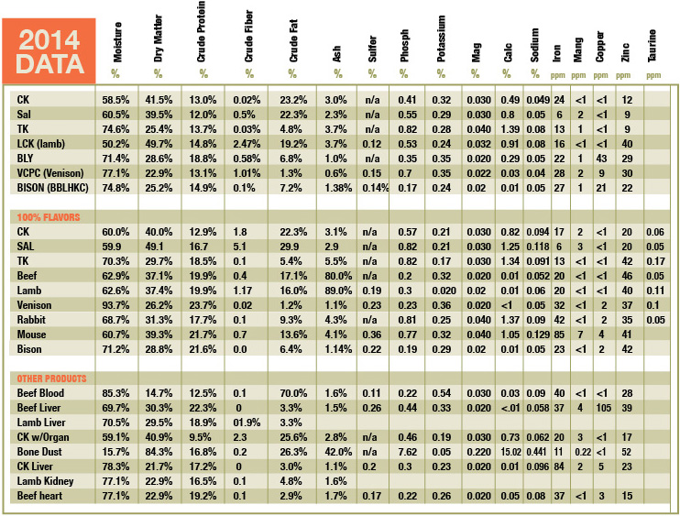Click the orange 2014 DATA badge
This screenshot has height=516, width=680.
pos(49,50)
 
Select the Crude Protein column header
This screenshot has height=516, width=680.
pos(201,31)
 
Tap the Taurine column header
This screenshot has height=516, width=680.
pos(652,46)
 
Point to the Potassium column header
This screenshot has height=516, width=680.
pos(441,39)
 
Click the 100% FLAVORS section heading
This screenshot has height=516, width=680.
pos(49,217)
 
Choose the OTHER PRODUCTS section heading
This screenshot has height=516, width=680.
pos(51,379)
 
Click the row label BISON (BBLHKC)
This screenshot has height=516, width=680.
pos(52,188)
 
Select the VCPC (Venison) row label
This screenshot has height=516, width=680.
pos(50,173)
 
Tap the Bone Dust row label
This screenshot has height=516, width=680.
pos(39,452)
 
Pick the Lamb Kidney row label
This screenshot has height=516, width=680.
pos(45,481)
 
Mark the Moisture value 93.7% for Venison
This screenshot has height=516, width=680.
pos(115,305)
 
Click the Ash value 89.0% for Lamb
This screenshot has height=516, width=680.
pos(338,291)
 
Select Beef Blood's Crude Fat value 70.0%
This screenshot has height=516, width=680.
pos(293,393)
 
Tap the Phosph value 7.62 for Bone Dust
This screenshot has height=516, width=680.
pos(408,452)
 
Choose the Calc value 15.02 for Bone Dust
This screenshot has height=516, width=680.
pos(510,452)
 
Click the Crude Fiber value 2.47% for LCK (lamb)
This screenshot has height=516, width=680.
pos(247,144)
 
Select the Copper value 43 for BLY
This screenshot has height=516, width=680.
pos(601,159)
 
